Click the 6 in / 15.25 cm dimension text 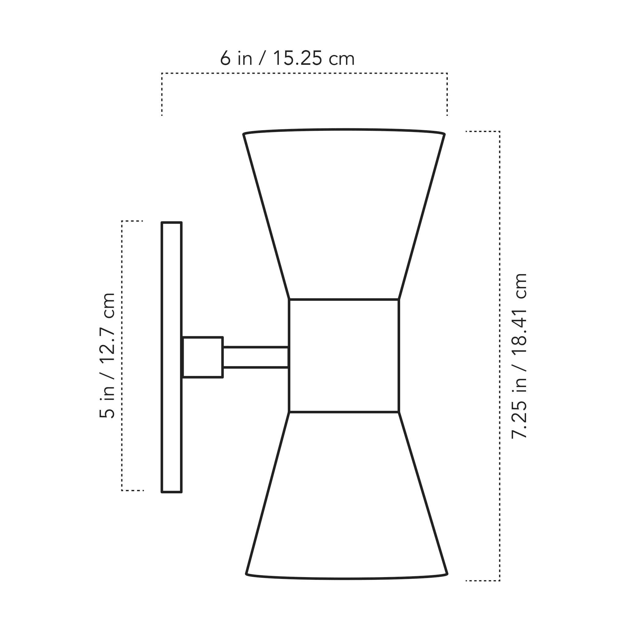coord(287,59)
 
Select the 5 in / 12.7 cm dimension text coord(107,355)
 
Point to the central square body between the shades coord(344,356)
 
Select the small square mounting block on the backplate coord(203,357)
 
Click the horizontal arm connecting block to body coord(256,357)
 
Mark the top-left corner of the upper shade coord(244,134)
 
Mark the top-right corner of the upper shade coord(444,134)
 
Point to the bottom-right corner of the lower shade coord(447,574)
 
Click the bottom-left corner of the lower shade coord(246,574)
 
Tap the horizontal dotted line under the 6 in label coord(304,74)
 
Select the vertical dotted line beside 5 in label coord(122,355)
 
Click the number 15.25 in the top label coord(297,59)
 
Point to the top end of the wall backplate coord(171,223)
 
